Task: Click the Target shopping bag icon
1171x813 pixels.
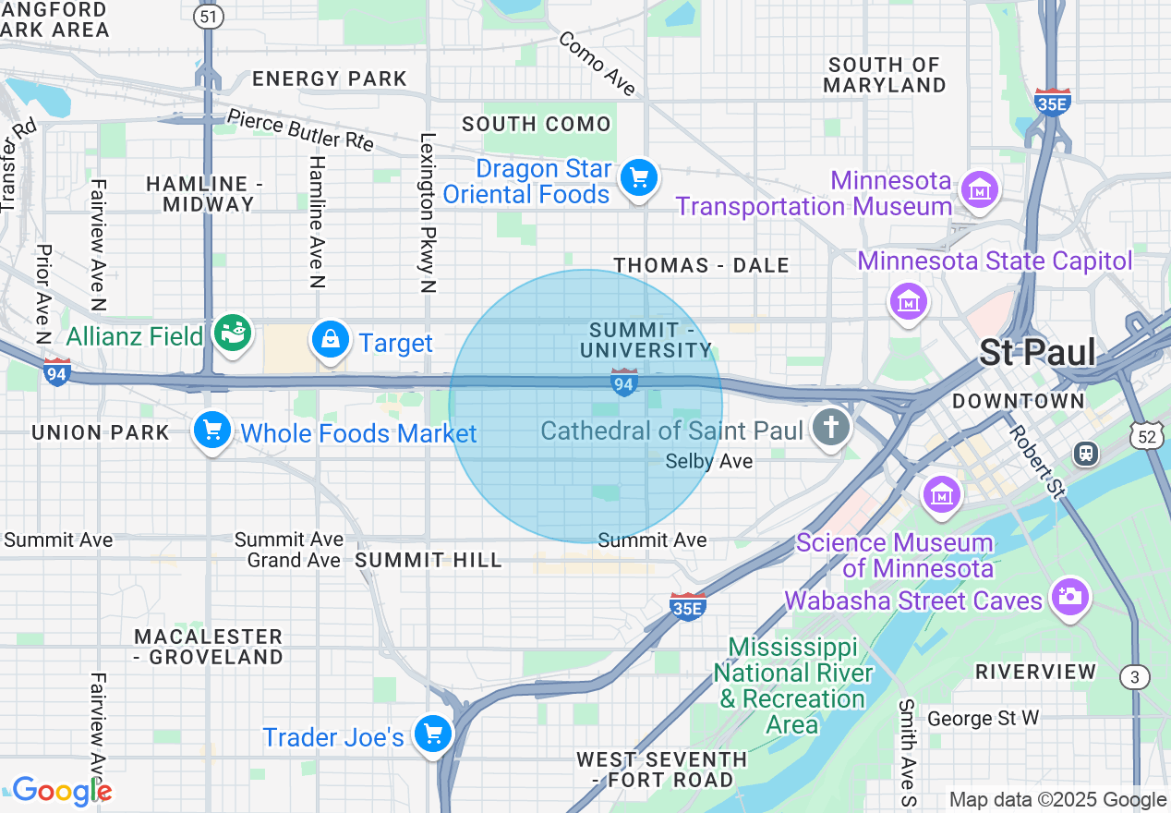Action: click(330, 341)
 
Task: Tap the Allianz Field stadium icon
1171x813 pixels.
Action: click(232, 334)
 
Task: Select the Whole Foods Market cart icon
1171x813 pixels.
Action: click(211, 431)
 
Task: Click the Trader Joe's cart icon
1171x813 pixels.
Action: click(432, 734)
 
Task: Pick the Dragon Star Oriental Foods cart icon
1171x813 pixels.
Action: click(638, 177)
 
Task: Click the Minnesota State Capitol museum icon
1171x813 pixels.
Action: click(910, 300)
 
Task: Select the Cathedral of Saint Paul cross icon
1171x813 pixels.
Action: click(831, 428)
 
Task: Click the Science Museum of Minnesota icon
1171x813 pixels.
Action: click(942, 494)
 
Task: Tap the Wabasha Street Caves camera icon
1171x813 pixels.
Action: click(1070, 597)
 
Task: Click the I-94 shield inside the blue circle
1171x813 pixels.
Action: click(623, 382)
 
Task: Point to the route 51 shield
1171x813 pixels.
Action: click(208, 16)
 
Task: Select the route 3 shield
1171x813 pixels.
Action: click(1136, 677)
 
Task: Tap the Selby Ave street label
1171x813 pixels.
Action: click(708, 461)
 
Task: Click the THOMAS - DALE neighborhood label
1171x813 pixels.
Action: click(701, 266)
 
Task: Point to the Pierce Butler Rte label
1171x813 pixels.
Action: click(300, 130)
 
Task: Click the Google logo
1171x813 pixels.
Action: click(61, 791)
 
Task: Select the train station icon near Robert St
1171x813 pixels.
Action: click(1085, 453)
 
